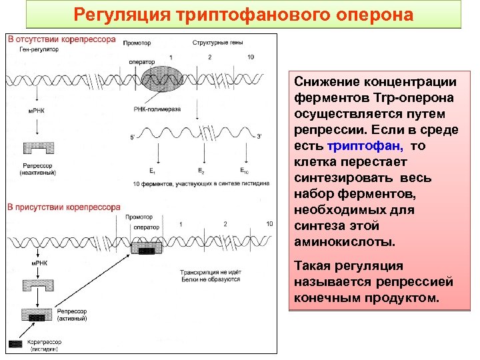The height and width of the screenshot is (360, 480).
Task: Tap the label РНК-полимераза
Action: pos(156,109)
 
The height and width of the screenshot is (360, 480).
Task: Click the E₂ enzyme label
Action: pos(201,171)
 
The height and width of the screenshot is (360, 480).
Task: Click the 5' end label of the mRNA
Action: pos(133,137)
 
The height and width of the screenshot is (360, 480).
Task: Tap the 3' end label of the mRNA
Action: pos(259,137)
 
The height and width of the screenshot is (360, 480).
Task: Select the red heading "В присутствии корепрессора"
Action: pos(63,207)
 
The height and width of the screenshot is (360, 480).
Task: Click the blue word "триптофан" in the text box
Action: pos(357,145)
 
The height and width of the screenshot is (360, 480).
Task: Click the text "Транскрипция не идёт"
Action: pos(209,272)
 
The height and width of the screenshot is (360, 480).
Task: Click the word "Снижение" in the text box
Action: pos(325,82)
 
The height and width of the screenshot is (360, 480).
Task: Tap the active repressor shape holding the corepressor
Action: pos(37,313)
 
